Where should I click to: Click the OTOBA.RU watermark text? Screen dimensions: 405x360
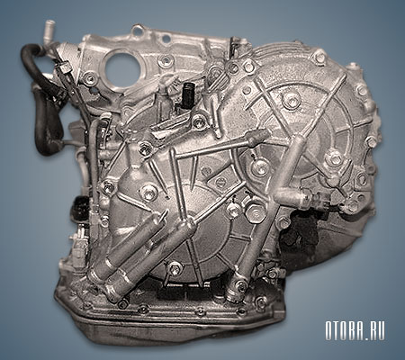[355, 331]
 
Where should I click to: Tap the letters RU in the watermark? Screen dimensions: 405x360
[377, 331]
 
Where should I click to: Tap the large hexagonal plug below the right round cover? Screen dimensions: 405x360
[256, 212]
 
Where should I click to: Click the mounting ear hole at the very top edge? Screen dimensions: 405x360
[138, 30]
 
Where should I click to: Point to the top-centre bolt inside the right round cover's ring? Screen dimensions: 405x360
[291, 100]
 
